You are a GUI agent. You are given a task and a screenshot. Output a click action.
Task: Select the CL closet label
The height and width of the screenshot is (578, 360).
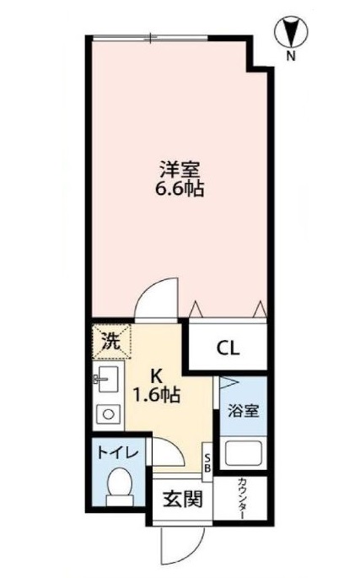228,347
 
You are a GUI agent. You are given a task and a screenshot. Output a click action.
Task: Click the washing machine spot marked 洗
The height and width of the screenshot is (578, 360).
110,342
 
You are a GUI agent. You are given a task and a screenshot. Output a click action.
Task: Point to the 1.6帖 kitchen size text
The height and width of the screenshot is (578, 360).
157,394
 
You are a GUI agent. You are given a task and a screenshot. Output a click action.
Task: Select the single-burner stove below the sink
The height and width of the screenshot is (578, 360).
107,413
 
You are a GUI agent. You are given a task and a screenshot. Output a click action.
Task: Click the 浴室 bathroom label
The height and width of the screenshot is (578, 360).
243,411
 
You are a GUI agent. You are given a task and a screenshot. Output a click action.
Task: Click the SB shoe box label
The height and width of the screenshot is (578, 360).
207,464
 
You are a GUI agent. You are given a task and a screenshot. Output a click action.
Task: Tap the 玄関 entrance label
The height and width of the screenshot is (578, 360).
182,499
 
